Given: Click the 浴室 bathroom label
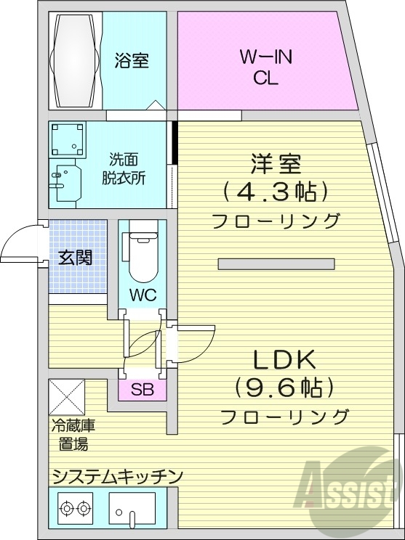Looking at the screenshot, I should pyautogui.click(x=132, y=61).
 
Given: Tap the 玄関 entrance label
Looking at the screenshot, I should pyautogui.click(x=76, y=256).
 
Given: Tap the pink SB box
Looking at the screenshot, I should pyautogui.click(x=142, y=389).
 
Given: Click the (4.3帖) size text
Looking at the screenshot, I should pyautogui.click(x=276, y=192).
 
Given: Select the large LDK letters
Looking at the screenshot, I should pyautogui.click(x=283, y=359).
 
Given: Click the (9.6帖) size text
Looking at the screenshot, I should pyautogui.click(x=284, y=388).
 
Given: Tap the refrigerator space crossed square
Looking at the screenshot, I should pyautogui.click(x=67, y=396).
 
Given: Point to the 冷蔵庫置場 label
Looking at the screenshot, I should pyautogui.click(x=73, y=435).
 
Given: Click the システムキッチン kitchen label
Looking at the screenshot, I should pyautogui.click(x=116, y=475).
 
